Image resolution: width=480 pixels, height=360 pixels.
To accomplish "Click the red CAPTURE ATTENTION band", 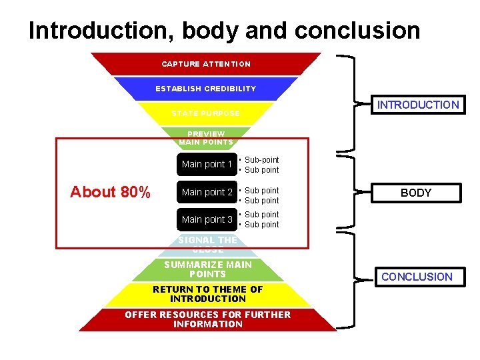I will click(206, 64).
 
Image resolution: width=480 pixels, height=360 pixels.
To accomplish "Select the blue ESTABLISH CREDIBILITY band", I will click(205, 89).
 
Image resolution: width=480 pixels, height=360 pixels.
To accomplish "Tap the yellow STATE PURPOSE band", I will click(205, 113).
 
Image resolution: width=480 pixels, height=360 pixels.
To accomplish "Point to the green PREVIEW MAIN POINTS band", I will click(206, 137).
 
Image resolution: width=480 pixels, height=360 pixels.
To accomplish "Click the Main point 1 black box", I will click(207, 164).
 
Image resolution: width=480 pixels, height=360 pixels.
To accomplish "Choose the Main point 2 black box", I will click(207, 192).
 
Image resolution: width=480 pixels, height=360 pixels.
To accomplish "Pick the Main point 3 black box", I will click(207, 219).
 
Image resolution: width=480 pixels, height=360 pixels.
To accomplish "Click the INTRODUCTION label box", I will click(417, 105).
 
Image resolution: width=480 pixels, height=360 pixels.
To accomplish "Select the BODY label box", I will click(416, 193).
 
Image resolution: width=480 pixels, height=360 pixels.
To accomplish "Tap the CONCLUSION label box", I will click(417, 277).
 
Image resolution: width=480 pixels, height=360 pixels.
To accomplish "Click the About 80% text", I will click(110, 192).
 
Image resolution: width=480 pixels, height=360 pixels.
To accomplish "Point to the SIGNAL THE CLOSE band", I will click(207, 245).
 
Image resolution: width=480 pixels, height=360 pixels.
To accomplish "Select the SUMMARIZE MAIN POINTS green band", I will click(207, 269).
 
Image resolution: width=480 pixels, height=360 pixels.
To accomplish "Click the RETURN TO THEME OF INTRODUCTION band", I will click(207, 294).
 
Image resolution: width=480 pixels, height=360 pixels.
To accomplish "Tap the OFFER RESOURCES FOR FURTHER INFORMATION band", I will click(207, 319).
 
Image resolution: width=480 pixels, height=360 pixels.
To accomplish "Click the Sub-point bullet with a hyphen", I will click(261, 160).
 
